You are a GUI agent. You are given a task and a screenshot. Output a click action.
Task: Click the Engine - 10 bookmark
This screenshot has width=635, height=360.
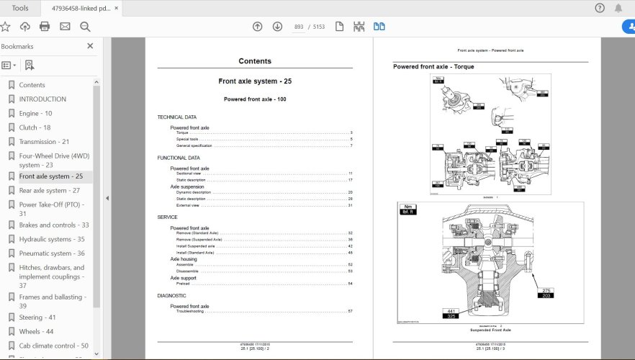(35, 113)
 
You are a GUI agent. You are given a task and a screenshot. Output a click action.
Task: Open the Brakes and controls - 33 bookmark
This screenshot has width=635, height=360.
(54, 225)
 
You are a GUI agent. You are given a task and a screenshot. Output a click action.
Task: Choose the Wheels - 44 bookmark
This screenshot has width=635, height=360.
(36, 331)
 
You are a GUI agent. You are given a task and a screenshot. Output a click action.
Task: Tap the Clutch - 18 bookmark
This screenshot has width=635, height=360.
(34, 127)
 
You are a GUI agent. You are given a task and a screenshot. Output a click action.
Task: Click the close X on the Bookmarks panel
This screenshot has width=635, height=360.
(90, 46)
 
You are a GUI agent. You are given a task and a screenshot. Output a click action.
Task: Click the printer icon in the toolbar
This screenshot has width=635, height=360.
(45, 27)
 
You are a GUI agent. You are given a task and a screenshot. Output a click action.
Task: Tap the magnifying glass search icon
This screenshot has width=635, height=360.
(85, 27)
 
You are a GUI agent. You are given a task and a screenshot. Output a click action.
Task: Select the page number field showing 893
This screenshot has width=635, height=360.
(299, 27)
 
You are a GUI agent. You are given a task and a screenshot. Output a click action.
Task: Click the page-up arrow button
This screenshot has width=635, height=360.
(257, 27)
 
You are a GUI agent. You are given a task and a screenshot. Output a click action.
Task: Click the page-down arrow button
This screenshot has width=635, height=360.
(277, 27)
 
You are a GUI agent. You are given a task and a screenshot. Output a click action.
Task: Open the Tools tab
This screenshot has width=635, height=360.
(20, 8)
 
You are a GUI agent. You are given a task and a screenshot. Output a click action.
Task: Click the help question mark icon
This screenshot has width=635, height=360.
(600, 8)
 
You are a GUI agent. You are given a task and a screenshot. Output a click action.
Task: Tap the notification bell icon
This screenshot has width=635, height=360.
(618, 8)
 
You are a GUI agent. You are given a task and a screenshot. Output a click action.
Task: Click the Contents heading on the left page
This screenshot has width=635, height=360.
(255, 61)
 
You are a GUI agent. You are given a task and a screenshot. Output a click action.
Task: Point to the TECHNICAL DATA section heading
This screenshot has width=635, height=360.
(176, 117)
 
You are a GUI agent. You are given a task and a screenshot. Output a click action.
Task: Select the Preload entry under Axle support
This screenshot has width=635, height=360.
(184, 283)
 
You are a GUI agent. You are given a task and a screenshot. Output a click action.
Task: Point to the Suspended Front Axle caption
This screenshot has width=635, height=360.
(490, 330)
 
